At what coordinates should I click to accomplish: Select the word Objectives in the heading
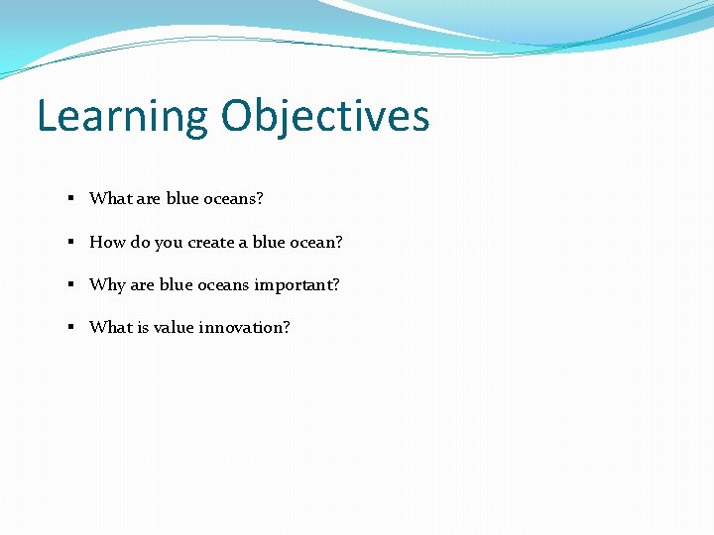(x=325, y=117)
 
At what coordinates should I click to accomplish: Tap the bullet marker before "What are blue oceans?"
(x=72, y=198)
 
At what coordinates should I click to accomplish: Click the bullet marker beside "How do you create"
(x=72, y=242)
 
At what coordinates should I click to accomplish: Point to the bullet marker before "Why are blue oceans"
(x=72, y=284)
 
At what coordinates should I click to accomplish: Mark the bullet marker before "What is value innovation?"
(x=72, y=327)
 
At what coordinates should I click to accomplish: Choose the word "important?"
(x=297, y=285)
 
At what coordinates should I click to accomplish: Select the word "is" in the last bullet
(x=143, y=327)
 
